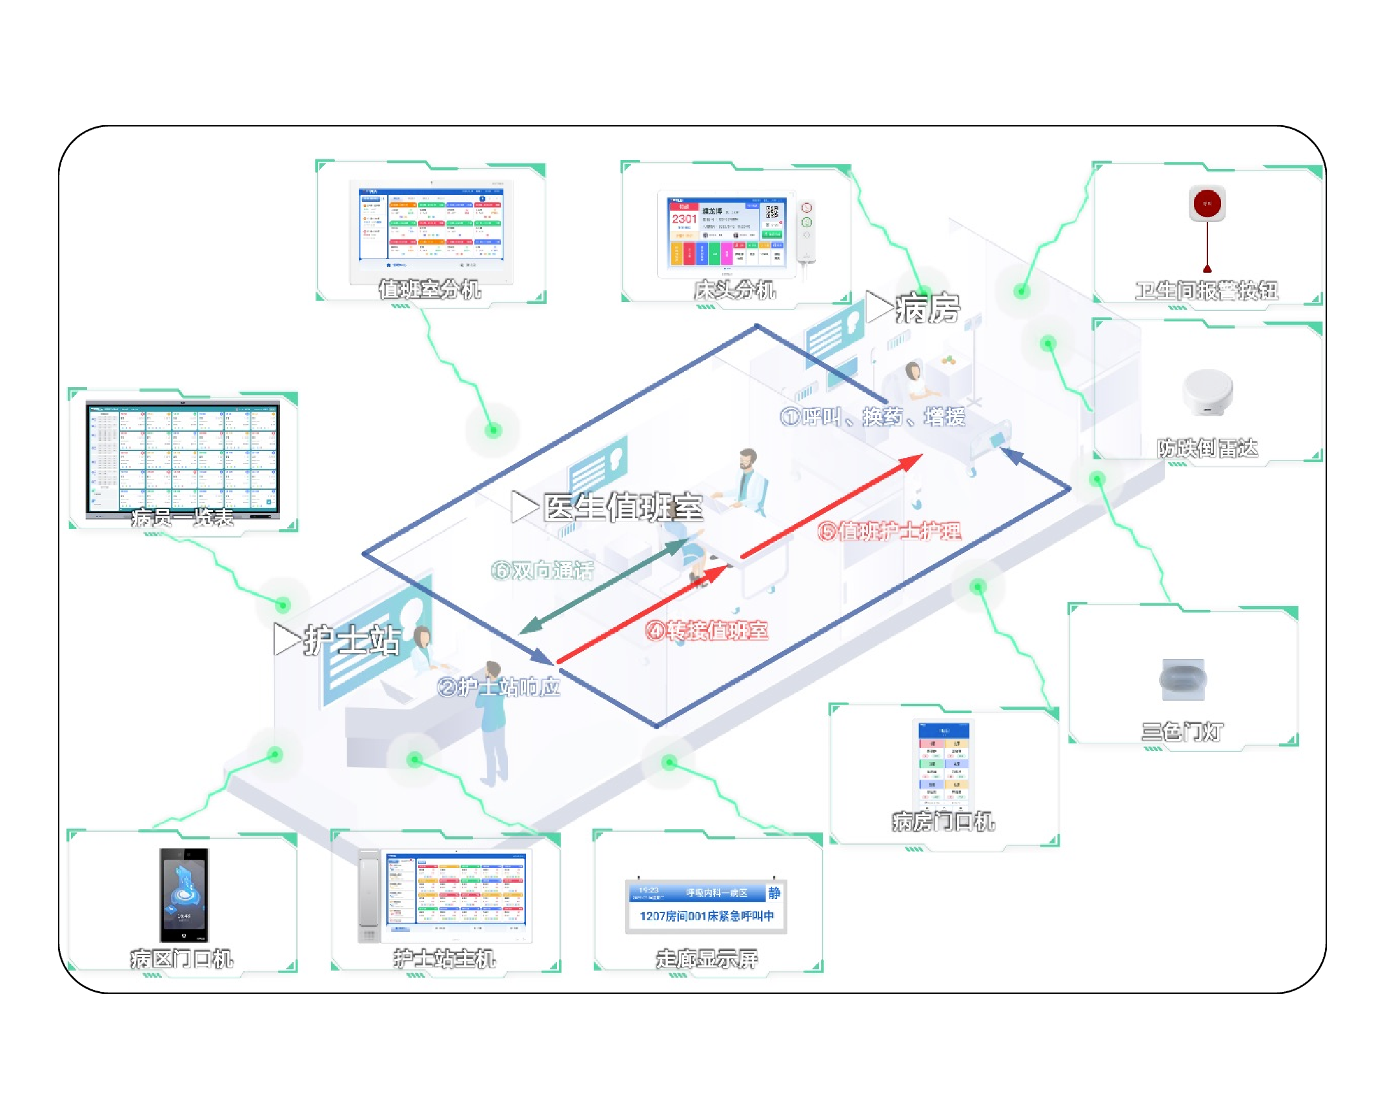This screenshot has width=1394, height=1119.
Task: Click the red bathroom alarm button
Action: pos(1206,205)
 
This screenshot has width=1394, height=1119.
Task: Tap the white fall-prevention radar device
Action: pos(1207,392)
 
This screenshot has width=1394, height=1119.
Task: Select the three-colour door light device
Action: pos(1182,679)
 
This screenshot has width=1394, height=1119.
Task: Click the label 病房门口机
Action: pos(944,822)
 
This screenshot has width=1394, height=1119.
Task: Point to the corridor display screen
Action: pos(706,905)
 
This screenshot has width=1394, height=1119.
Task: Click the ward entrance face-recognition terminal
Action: pos(184,895)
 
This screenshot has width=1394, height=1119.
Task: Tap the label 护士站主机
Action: pos(445,959)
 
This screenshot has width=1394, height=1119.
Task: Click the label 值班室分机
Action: pos(430,290)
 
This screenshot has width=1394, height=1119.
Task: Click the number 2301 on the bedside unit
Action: pos(683,219)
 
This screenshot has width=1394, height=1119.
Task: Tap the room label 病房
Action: pos(927,308)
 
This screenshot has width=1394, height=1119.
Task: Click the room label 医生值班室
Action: pos(622,507)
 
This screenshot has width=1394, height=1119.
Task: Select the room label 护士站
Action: pos(352,640)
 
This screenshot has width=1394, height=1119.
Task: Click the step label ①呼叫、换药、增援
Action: pos(873,417)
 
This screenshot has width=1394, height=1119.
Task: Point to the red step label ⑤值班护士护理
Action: pos(889,531)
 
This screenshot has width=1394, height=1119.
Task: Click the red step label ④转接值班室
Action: pos(707,630)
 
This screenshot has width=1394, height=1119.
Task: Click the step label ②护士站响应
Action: pos(498,687)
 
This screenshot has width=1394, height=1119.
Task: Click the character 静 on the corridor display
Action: pos(774,892)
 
